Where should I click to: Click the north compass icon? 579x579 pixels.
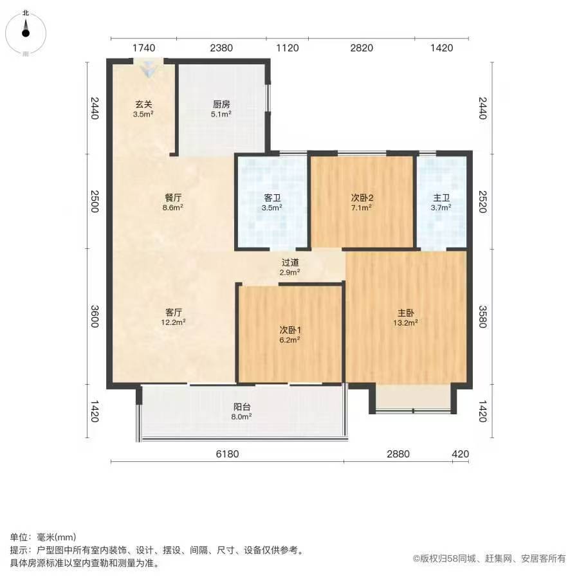point(26,33)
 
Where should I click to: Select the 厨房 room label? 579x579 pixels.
point(221,104)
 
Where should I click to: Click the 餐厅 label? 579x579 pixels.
point(173,198)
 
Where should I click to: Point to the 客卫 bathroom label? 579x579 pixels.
point(272,198)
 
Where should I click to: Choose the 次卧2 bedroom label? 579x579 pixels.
point(362,198)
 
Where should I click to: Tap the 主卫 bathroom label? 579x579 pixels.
point(441,198)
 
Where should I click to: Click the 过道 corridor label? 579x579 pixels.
point(290,262)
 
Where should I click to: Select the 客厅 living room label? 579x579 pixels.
point(173,313)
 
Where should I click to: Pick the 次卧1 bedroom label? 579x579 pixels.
point(290,330)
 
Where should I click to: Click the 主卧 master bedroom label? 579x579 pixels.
point(405,313)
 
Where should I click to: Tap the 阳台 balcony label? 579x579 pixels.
point(242,407)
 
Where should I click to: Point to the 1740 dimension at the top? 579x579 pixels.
point(143,48)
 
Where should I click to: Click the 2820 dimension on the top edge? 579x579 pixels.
point(362,48)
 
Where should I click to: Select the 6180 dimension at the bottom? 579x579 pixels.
point(227,454)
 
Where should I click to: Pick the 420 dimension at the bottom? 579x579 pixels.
point(461,454)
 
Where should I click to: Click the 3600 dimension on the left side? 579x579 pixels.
point(95,317)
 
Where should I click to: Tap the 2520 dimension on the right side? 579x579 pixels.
point(482,201)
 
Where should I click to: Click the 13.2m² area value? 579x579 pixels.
point(405,323)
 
